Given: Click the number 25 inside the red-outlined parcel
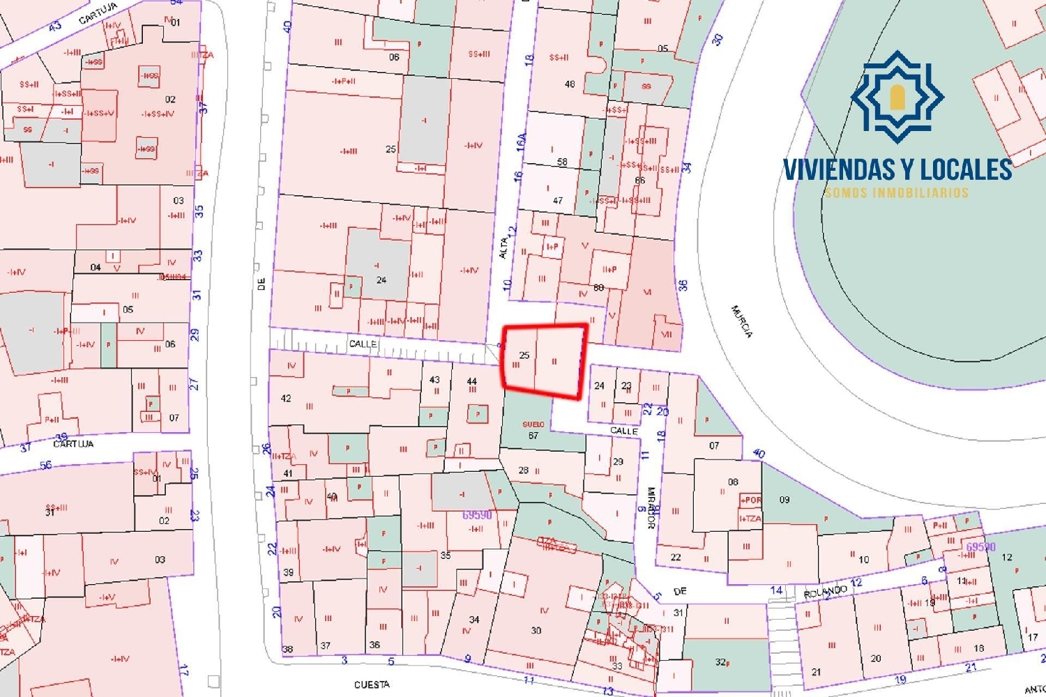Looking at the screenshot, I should pos(524,355).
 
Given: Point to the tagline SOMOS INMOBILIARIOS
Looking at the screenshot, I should pos(897,192).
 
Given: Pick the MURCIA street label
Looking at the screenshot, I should pos(741,321).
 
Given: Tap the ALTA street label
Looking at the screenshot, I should pos(503,248).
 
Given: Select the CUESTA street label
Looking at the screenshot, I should pos(372,684).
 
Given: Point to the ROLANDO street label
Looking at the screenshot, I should pos(825,592).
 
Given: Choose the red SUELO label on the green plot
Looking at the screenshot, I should pos(533,424).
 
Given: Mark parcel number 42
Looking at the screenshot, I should pos(286,398).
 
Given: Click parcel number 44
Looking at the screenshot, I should pos(472,381).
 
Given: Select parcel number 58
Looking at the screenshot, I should pos(562,162).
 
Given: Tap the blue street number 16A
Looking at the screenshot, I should pos(521,142).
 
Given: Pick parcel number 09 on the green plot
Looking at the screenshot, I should pos(784,500).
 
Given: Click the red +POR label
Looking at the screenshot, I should pos(750,500).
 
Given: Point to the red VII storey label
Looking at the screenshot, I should pos(667,335).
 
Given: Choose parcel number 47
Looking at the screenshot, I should pos(558,201).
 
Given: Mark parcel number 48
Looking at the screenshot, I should pos(570,84).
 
